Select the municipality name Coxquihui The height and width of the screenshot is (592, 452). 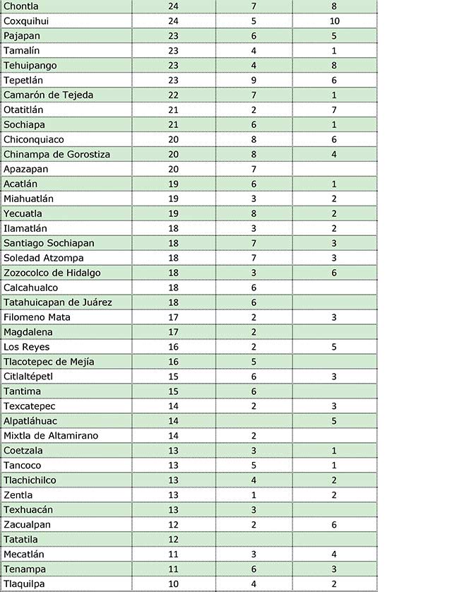point(26,20)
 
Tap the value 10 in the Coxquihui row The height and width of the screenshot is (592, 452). point(334,20)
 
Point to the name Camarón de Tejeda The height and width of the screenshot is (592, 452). point(48,95)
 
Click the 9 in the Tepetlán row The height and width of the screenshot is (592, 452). point(253,80)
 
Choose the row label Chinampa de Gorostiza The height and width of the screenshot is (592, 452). point(56,154)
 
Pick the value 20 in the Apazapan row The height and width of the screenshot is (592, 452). point(174,169)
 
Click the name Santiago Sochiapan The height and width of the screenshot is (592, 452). point(49,243)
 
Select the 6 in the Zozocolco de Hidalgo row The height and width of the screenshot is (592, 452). point(334,273)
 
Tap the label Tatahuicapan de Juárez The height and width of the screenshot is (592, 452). point(57,302)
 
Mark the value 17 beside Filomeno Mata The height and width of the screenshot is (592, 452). point(174,317)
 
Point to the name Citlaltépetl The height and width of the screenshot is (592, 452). point(28,377)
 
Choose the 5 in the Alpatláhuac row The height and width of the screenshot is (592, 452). point(334,421)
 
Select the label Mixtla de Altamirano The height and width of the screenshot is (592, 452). point(51,436)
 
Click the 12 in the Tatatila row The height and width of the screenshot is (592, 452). point(174,540)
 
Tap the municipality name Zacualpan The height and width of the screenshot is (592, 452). point(27,525)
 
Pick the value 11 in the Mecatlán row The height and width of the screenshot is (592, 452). point(174,555)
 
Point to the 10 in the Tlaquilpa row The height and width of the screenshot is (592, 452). point(174,584)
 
